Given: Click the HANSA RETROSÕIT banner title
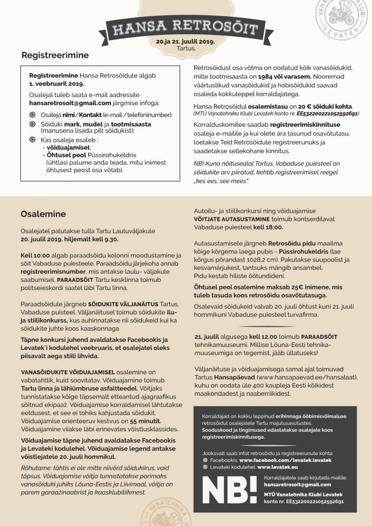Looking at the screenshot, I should click(185, 26).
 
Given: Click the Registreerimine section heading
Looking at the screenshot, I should click(55, 56).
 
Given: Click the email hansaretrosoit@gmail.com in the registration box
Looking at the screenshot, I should click(70, 103).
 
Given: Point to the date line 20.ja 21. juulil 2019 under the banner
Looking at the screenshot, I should click(185, 42).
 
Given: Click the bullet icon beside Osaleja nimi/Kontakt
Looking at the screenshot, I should click(32, 114).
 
